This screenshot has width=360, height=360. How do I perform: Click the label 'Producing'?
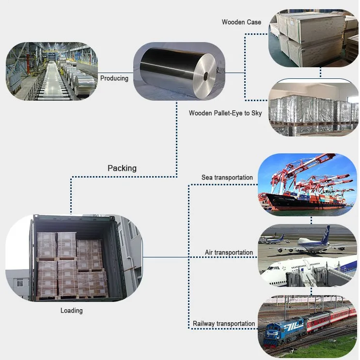coord(114,78)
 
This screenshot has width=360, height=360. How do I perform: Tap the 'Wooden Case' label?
coord(241,22)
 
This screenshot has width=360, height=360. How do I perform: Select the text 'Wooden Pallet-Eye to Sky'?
coord(225,113)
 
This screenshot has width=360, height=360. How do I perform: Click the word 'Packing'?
coord(122,168)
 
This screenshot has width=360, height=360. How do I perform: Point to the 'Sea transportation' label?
coord(227,178)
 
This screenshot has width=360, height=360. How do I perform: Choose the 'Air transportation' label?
coord(229,253)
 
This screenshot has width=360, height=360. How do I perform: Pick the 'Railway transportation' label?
coord(223,324)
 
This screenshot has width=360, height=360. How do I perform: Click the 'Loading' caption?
coord(71,311)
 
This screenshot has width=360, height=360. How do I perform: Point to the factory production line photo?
coord(51,71)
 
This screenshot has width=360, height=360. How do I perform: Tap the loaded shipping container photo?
coord(73,259)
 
